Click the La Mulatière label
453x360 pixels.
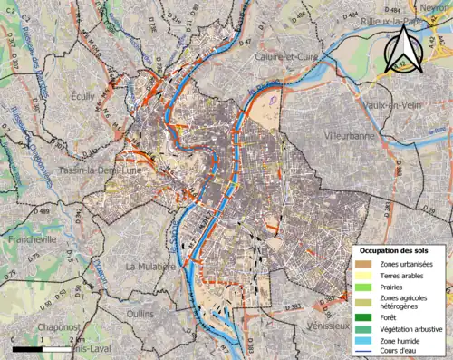click(x=150, y=267)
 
